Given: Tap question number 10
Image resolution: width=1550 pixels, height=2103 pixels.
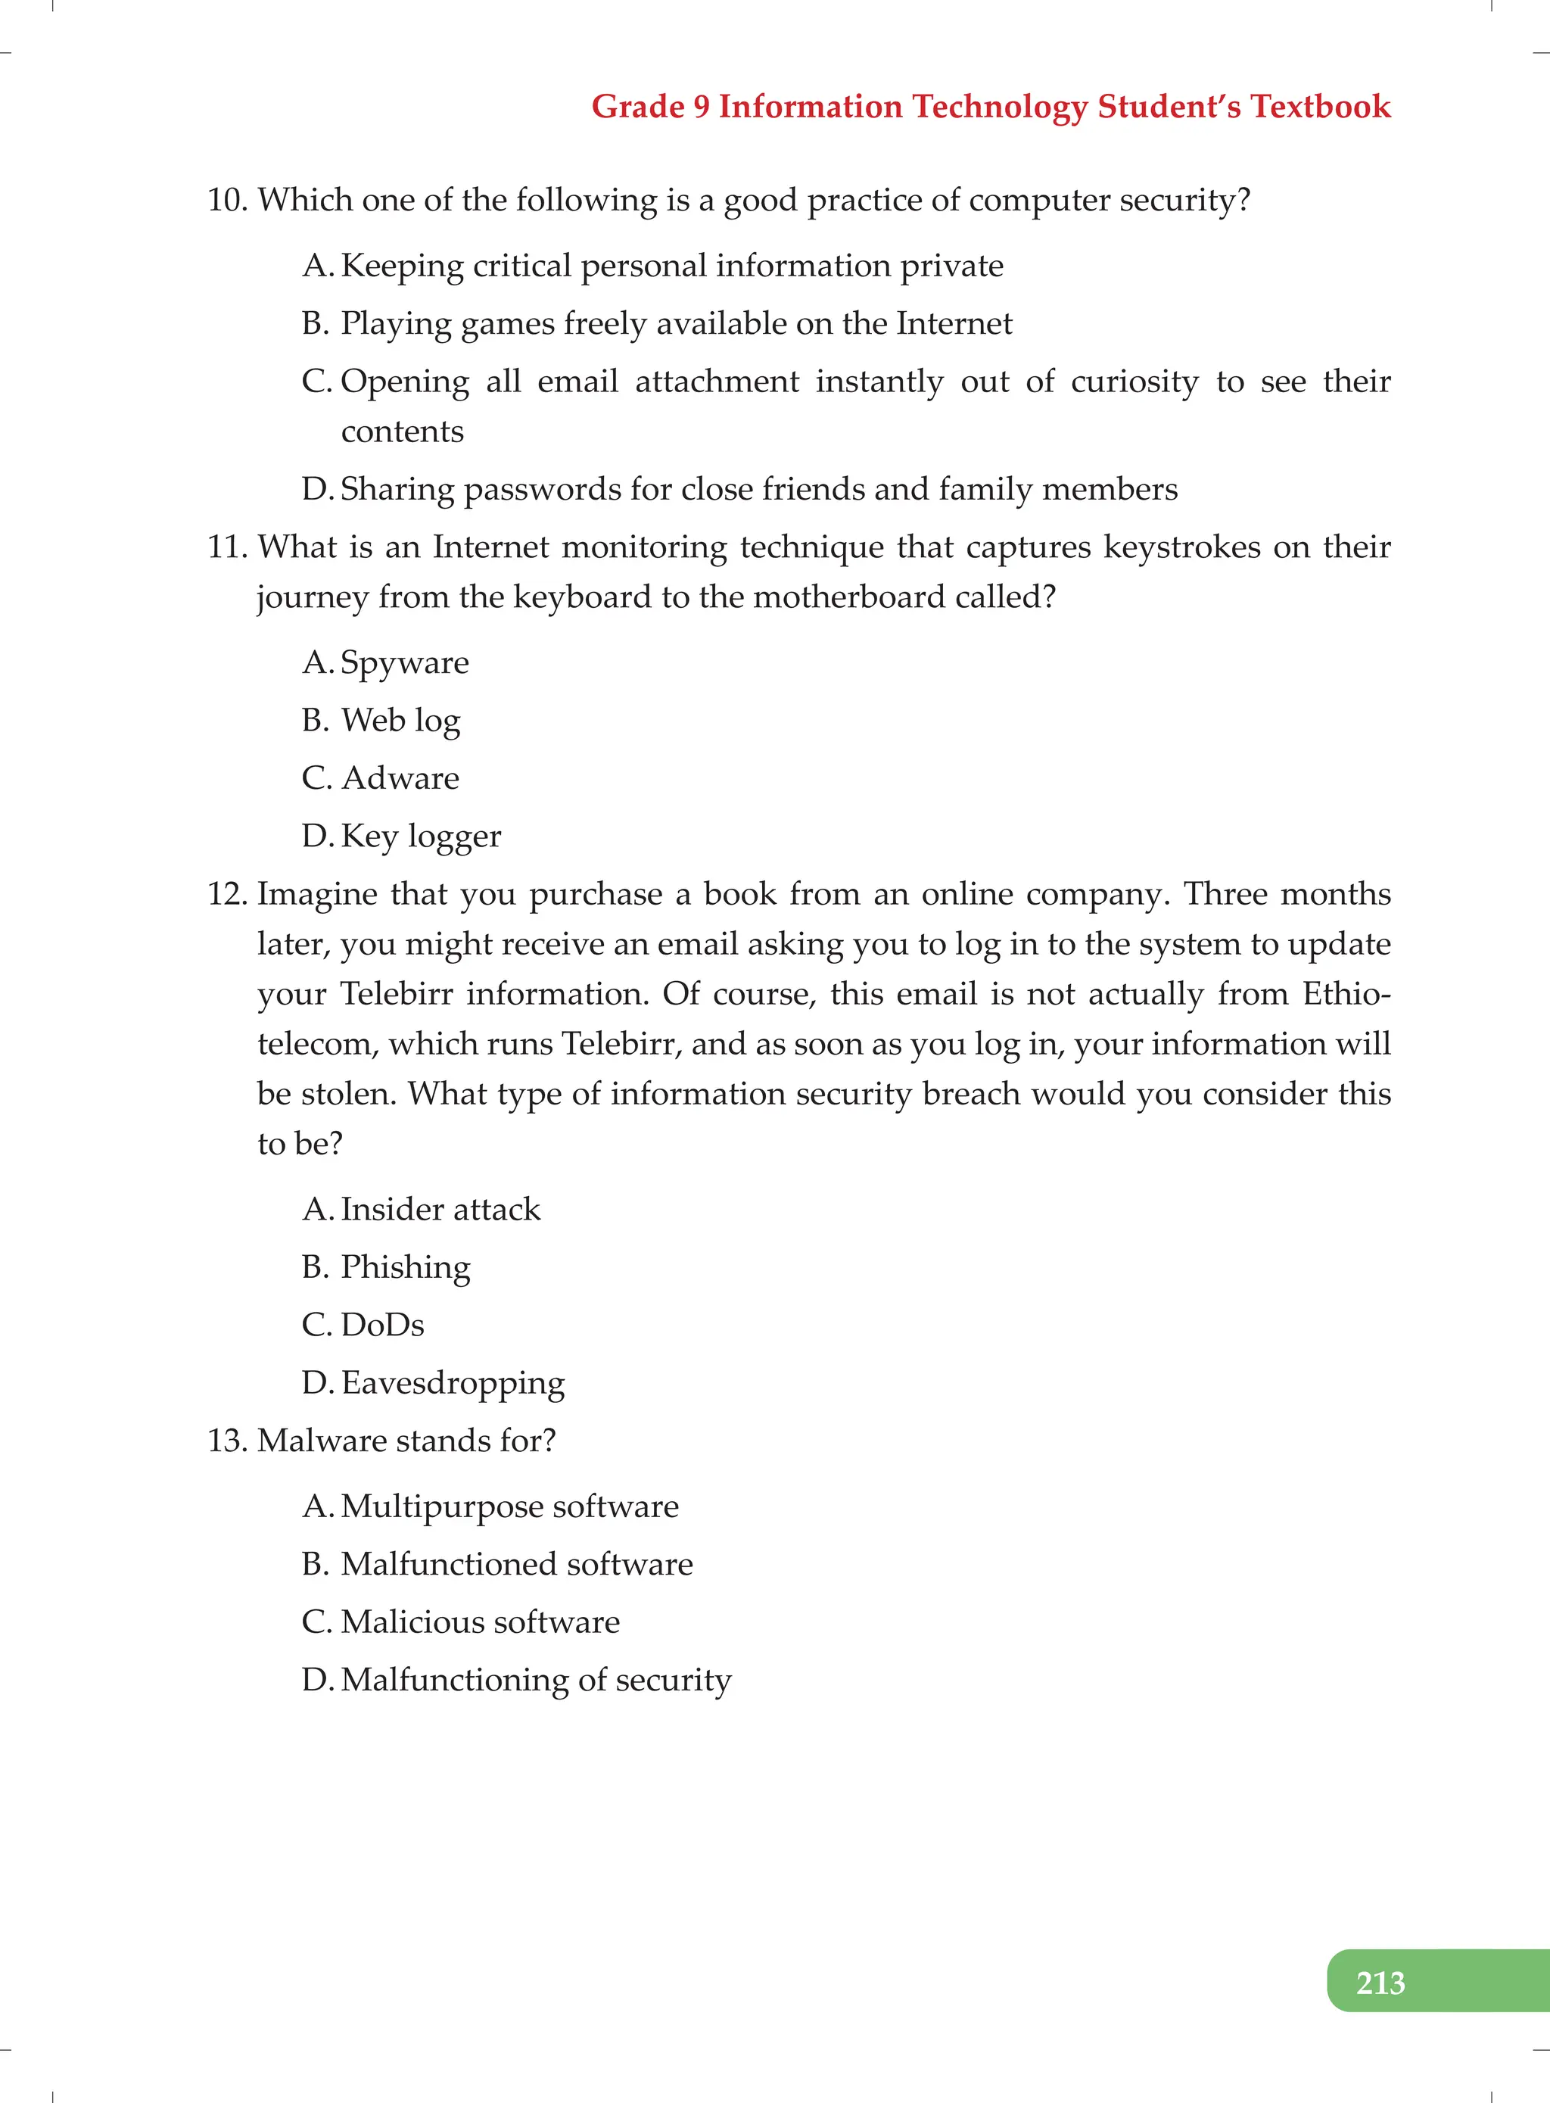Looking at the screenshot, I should point(226,201).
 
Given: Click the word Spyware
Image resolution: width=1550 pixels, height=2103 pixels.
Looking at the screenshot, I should point(404,663).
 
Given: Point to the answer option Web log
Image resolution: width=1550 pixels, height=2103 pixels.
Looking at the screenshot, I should point(400,721).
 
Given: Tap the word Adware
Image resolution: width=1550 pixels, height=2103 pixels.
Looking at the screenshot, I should point(400,779).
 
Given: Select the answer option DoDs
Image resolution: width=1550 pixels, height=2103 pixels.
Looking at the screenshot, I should point(382,1325).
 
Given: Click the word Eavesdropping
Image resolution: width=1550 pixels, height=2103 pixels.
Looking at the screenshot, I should point(453,1383).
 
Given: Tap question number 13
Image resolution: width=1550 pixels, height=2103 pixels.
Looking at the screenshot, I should point(226,1441).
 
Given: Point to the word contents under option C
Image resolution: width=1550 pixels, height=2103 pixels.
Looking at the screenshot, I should point(402,432).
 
